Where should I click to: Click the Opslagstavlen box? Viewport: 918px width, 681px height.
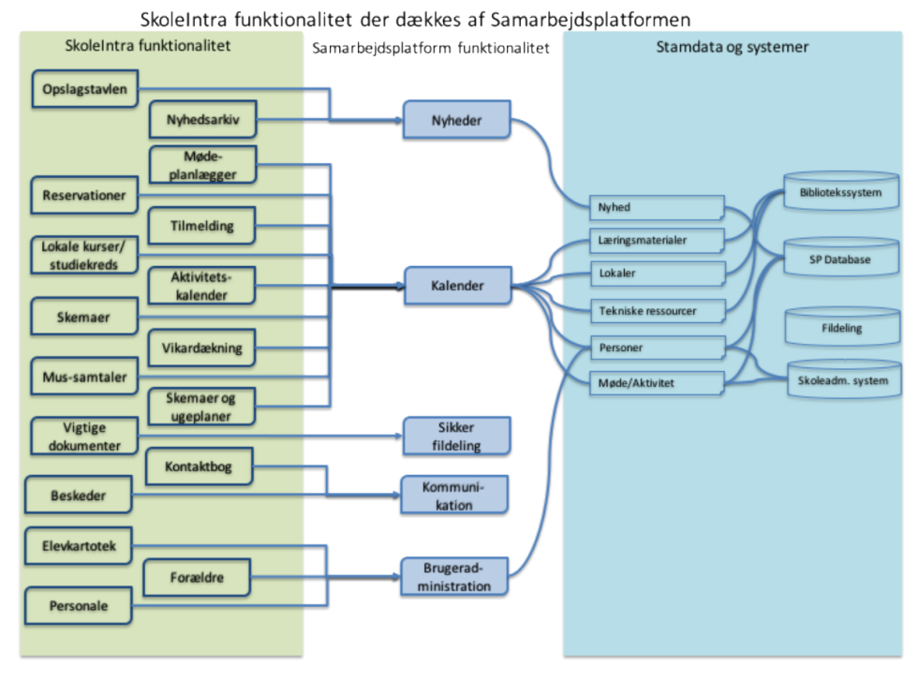(85, 89)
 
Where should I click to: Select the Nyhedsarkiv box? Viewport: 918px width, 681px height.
(202, 120)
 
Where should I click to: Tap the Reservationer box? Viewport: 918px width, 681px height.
(84, 195)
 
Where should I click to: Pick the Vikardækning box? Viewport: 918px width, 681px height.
(202, 348)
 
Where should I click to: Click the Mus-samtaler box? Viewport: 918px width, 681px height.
(84, 377)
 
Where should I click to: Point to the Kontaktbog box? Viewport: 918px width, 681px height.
(199, 466)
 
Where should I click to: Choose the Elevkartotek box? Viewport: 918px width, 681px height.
(79, 546)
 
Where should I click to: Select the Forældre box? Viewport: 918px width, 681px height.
(197, 577)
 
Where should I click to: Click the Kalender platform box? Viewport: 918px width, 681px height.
(458, 286)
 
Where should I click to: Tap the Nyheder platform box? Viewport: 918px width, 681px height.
(457, 120)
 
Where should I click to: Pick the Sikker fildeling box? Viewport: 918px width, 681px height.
(457, 437)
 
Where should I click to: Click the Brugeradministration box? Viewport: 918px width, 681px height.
(454, 577)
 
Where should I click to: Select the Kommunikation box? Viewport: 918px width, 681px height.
(454, 496)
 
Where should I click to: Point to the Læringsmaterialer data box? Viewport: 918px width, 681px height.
(658, 240)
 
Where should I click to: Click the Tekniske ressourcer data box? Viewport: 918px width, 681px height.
(658, 311)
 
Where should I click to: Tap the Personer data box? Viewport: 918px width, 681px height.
(658, 348)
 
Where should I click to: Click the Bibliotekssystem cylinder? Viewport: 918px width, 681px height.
(841, 190)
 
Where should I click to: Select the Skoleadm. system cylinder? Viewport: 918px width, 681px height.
(844, 378)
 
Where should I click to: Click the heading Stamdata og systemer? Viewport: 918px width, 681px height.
(732, 47)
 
